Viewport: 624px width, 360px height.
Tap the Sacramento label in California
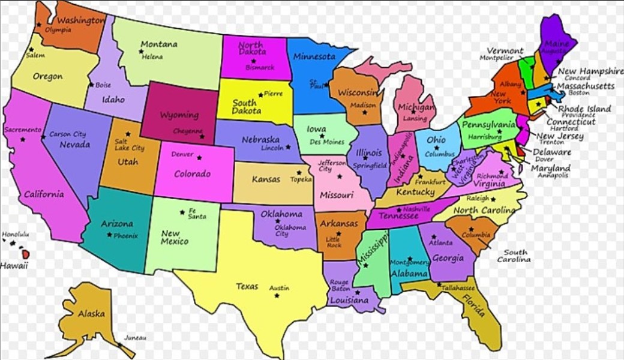pyautogui.click(x=23, y=130)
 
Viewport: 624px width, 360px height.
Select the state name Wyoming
pyautogui.click(x=179, y=115)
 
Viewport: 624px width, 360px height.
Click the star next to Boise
pyautogui.click(x=91, y=85)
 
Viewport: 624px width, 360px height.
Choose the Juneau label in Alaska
pyautogui.click(x=135, y=338)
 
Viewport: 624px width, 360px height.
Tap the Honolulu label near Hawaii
pyautogui.click(x=15, y=235)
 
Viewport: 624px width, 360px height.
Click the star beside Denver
pyautogui.click(x=200, y=158)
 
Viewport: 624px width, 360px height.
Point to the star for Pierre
pyautogui.click(x=260, y=94)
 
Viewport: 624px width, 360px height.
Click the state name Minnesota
pyautogui.click(x=314, y=57)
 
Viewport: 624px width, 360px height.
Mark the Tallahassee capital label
pyautogui.click(x=458, y=289)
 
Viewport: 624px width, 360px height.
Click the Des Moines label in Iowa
pyautogui.click(x=327, y=142)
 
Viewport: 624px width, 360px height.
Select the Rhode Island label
pyautogui.click(x=584, y=109)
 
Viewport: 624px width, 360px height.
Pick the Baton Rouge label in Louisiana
pyautogui.click(x=339, y=285)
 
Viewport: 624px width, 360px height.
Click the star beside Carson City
pyautogui.click(x=44, y=137)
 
